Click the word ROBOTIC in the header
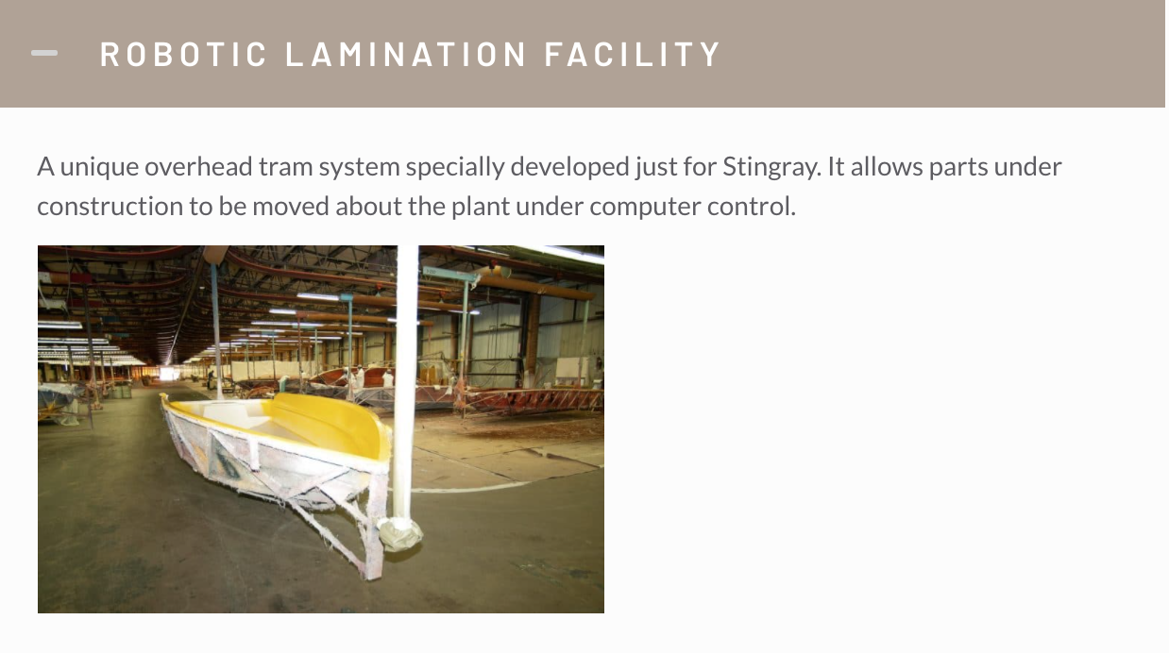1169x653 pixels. coord(183,54)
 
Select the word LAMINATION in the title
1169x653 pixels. coord(405,54)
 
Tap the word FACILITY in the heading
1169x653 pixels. coord(633,54)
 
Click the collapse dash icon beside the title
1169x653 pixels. coord(44,53)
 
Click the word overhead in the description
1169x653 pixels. coord(198,167)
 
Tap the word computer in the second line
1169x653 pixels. coord(645,207)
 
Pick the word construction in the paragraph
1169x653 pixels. coord(110,207)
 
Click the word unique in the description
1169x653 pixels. coord(99,168)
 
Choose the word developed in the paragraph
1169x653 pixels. coord(569,168)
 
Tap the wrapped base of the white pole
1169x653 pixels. coord(399,533)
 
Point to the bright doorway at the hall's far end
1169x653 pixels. coord(167,373)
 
